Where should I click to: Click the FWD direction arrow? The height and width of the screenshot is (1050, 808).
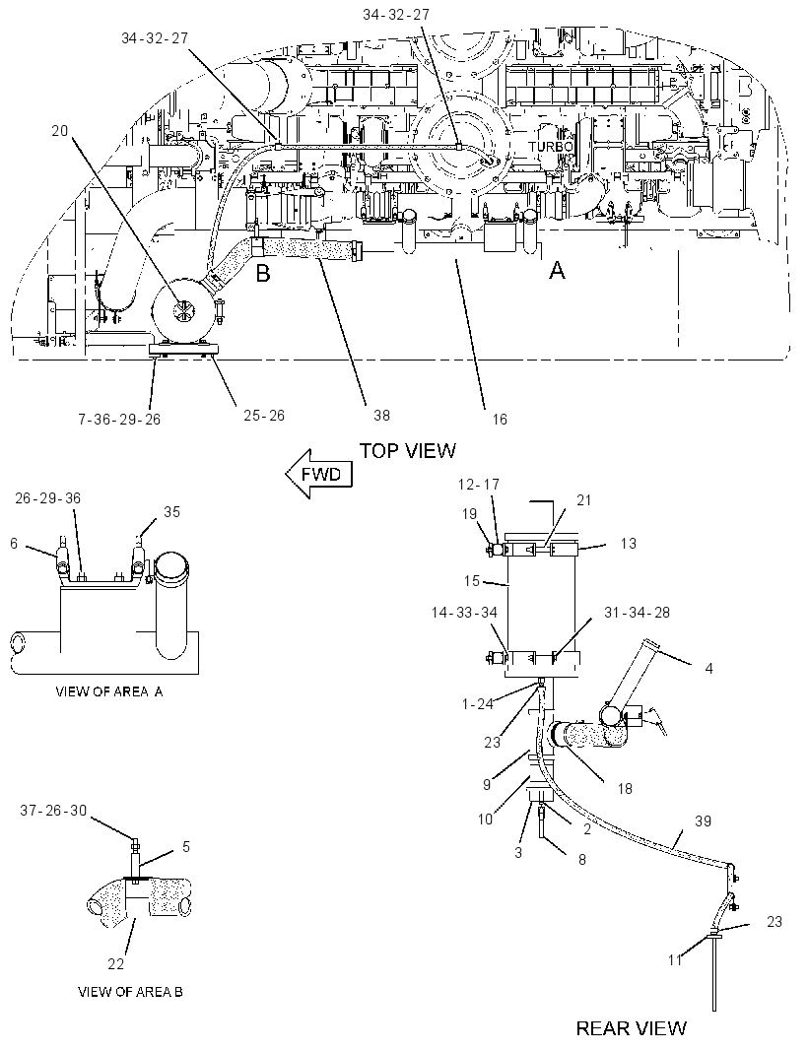[318, 475]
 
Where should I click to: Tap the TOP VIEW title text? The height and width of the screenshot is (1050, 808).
[407, 451]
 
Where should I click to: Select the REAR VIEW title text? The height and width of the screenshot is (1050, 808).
[631, 1028]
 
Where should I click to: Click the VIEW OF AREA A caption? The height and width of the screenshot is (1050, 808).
[108, 691]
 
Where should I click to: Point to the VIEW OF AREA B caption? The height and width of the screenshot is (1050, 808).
[130, 992]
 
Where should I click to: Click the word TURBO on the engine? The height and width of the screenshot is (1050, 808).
[550, 146]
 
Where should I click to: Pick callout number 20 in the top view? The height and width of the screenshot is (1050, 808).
[60, 131]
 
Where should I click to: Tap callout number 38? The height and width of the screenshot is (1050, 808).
[381, 416]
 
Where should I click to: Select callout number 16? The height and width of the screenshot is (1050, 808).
[500, 420]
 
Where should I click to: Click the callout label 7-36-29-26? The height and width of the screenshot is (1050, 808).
[118, 420]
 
